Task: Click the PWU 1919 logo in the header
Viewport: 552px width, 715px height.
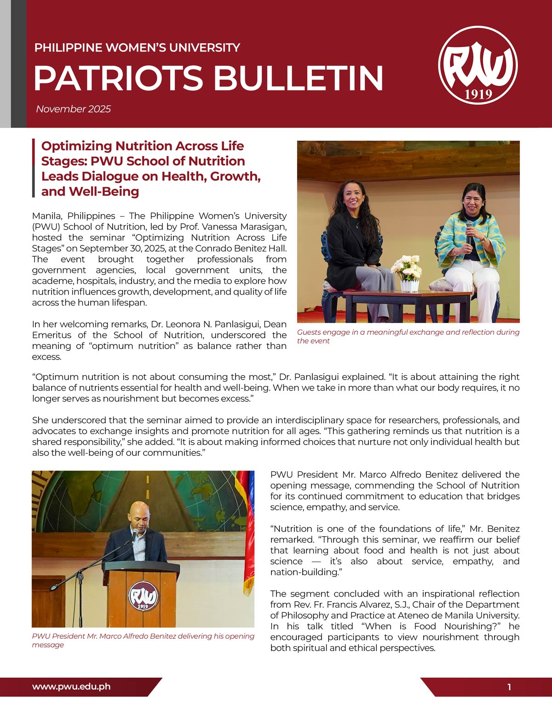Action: [478, 65]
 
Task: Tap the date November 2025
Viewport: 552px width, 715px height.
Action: [73, 109]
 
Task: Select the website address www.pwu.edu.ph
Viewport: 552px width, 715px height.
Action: [71, 686]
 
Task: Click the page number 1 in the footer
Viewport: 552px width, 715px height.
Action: [509, 687]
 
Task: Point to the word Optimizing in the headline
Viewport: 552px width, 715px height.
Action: [77, 146]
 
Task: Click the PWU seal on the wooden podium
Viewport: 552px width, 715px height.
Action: [143, 597]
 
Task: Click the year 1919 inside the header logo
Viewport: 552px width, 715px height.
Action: [478, 94]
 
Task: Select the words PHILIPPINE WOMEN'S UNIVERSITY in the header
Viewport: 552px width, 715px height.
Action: [137, 47]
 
